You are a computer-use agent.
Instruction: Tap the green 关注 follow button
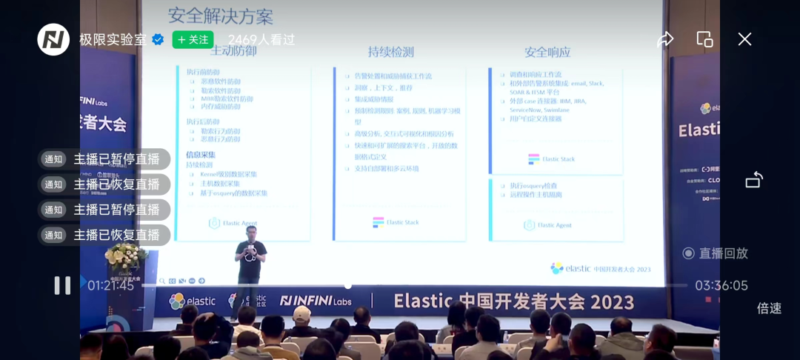click(x=193, y=39)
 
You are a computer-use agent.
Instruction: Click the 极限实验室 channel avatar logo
click(x=53, y=39)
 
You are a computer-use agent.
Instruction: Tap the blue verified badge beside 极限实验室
click(x=158, y=39)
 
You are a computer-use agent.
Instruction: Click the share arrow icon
click(x=665, y=39)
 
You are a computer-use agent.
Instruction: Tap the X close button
click(x=744, y=39)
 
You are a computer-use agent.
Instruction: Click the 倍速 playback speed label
click(x=769, y=308)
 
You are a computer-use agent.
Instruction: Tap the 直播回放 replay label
click(x=716, y=253)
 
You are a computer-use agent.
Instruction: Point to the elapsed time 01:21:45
click(x=111, y=285)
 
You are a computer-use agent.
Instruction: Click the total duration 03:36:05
click(x=721, y=285)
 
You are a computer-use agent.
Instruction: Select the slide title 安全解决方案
click(x=221, y=16)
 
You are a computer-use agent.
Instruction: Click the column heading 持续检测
click(x=391, y=52)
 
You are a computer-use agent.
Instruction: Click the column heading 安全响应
click(x=547, y=52)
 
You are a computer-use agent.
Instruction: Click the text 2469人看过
click(x=261, y=39)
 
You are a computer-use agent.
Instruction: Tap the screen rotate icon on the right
click(x=753, y=180)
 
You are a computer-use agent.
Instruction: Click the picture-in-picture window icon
click(x=704, y=39)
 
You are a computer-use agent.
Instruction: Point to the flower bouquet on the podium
click(x=127, y=256)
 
